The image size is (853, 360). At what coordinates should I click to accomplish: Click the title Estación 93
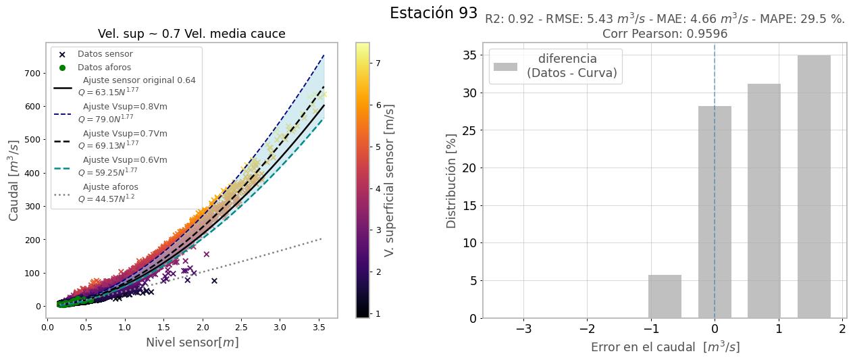click(x=433, y=13)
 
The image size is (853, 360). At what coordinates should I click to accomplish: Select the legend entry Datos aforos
click(x=104, y=68)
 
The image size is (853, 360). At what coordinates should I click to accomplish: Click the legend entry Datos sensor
click(x=105, y=54)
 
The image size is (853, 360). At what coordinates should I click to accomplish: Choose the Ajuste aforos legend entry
click(x=110, y=194)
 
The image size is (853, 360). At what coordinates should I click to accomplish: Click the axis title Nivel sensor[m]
click(x=192, y=342)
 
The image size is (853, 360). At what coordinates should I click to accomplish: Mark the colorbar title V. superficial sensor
click(x=389, y=180)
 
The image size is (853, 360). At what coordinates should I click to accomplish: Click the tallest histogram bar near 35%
click(x=814, y=186)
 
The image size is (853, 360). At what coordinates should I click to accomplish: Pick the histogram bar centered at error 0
click(x=715, y=212)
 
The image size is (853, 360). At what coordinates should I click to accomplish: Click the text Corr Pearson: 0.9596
click(x=665, y=34)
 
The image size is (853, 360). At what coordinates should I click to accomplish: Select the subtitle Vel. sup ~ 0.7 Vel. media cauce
click(x=191, y=34)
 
